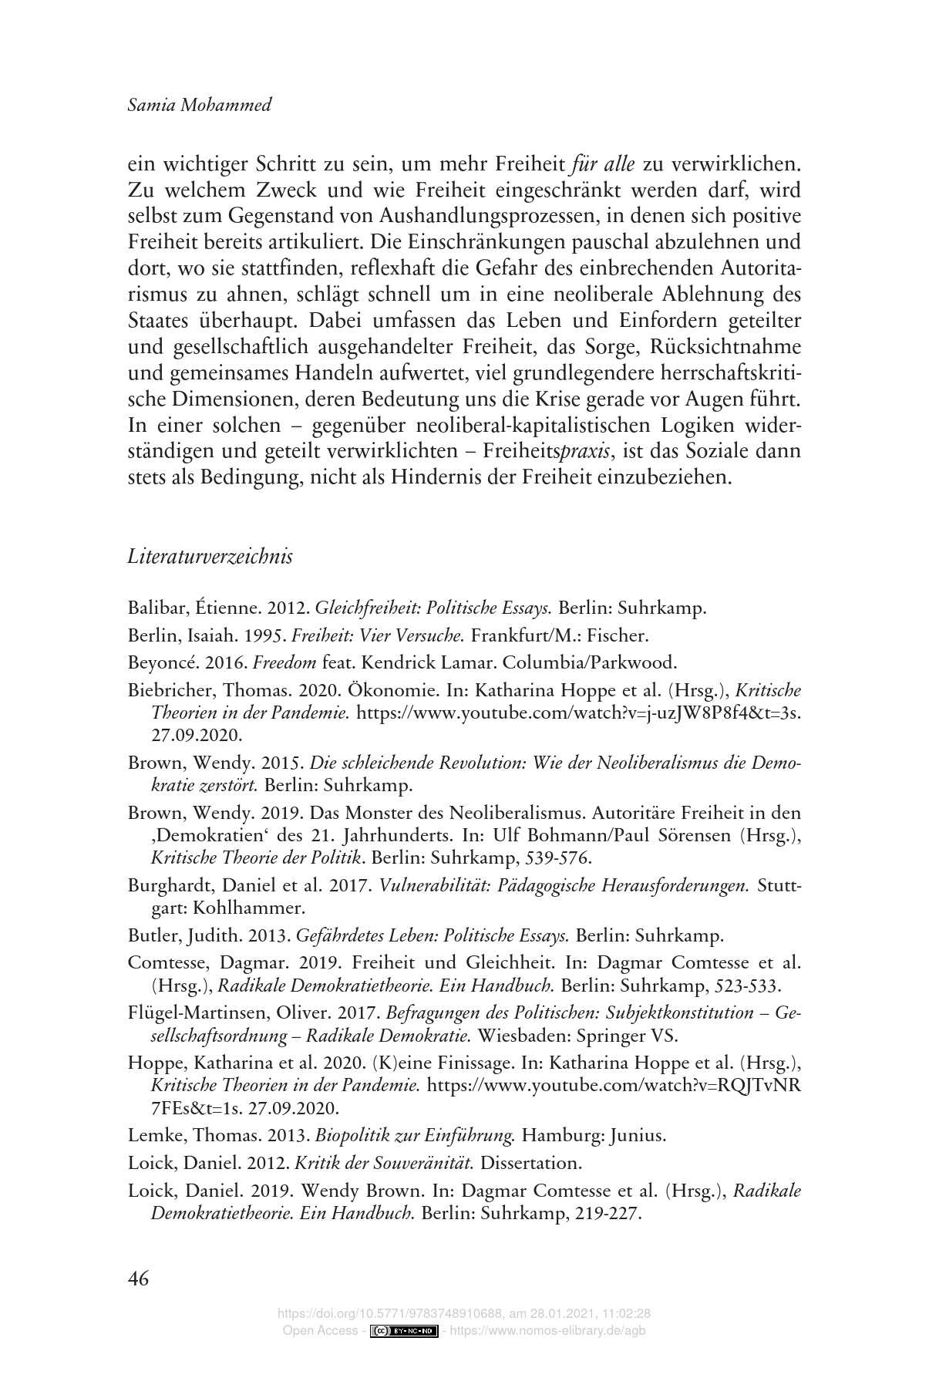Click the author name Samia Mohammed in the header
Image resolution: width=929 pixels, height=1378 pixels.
point(199,105)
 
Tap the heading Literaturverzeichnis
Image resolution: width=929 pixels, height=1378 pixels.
point(210,556)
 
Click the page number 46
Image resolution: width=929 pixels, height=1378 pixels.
point(139,1278)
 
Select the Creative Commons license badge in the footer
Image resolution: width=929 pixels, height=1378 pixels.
point(405,1331)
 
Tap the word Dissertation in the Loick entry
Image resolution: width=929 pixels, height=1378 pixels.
point(534,1162)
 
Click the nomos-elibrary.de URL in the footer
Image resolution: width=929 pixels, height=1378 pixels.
point(551,1331)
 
